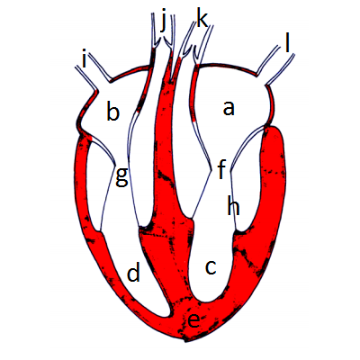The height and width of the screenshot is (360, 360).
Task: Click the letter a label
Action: [x=229, y=109]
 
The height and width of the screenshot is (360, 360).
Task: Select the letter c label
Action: [x=211, y=267]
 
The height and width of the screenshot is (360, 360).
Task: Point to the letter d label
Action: [x=134, y=271]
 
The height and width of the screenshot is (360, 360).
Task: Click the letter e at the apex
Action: [x=193, y=321]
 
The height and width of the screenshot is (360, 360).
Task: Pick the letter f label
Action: [x=221, y=169]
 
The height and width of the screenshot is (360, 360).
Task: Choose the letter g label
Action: [x=122, y=177]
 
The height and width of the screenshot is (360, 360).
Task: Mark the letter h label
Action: [x=233, y=205]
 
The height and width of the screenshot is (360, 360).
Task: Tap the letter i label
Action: [x=85, y=59]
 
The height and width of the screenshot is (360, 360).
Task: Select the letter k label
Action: [x=202, y=18]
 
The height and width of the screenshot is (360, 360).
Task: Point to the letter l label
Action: [x=287, y=44]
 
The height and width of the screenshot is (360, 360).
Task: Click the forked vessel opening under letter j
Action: [x=162, y=42]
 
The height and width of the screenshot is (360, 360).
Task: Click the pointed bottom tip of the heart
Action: [x=185, y=341]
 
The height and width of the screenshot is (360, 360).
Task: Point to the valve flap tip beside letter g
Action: [x=114, y=164]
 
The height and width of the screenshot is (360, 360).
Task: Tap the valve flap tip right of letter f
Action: [x=230, y=171]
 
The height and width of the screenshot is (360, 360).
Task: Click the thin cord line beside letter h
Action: [x=233, y=201]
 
